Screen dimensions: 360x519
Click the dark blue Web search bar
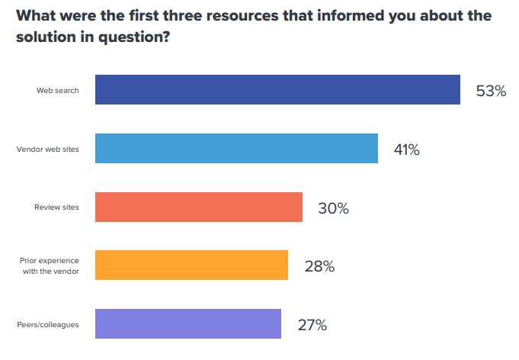point(277,90)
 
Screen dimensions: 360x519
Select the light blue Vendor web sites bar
point(236,149)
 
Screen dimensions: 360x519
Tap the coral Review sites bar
point(198,207)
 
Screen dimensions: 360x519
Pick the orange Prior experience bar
point(191,265)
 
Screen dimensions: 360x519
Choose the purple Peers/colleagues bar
point(188,324)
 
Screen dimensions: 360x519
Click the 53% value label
point(491,91)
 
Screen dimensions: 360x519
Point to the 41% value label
point(407,149)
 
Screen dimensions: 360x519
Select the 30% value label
point(333,207)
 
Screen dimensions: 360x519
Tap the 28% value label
point(319,266)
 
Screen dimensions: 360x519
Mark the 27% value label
point(312,325)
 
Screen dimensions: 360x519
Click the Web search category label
point(58,91)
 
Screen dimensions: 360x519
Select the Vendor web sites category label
point(47,149)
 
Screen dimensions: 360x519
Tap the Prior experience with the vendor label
point(50,266)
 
